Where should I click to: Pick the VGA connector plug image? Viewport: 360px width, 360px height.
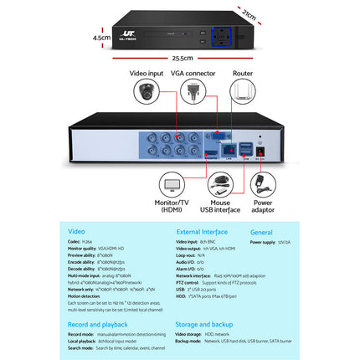click(189, 93)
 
